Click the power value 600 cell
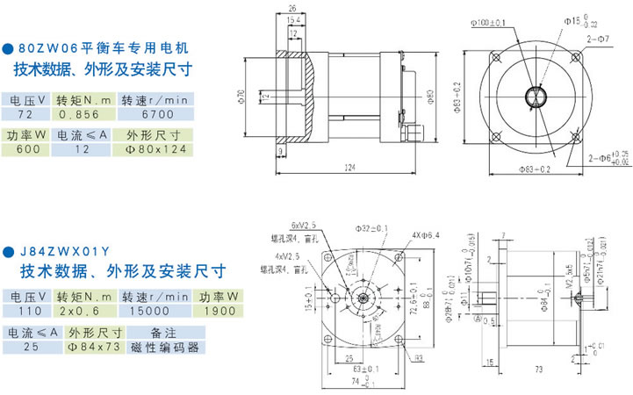25,149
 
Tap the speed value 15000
151,311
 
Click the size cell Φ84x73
95,347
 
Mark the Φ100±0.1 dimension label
486,22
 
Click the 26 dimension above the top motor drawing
291,9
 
